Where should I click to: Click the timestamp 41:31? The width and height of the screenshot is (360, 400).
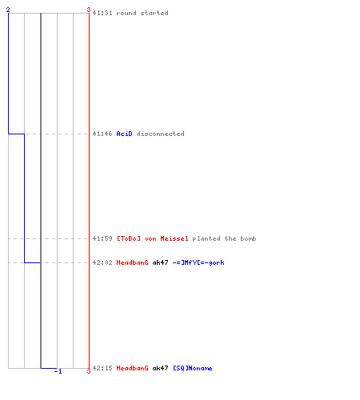tap(102, 13)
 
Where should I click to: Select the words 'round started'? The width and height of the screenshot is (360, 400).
tap(142, 13)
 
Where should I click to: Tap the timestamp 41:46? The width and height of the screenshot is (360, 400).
tap(102, 134)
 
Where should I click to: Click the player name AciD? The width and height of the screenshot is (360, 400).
tap(124, 134)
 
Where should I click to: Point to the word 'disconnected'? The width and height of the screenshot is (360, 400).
tap(160, 134)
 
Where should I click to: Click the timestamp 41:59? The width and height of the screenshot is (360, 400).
tap(102, 238)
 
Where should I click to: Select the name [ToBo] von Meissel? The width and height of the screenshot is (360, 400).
tap(152, 238)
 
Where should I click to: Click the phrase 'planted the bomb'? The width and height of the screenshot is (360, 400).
tap(224, 238)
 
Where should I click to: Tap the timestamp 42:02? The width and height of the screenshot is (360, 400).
tap(102, 262)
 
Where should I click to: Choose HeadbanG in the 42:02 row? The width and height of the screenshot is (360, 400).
tap(132, 262)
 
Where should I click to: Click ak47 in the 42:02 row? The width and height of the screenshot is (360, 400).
tap(160, 262)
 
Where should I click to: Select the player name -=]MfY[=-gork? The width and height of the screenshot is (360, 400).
tap(198, 262)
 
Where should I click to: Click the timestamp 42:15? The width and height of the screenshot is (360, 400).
tap(102, 368)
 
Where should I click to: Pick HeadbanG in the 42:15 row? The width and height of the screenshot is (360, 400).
tap(132, 368)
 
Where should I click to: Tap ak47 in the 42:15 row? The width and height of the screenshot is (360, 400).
tap(160, 368)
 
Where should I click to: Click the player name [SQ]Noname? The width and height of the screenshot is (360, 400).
tap(193, 368)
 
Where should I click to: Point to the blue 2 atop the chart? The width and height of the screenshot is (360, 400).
tap(8, 10)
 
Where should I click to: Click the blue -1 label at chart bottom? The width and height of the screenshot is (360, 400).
tap(58, 371)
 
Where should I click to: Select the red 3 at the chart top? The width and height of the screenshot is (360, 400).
tap(89, 10)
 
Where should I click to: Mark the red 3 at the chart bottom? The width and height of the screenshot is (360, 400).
tap(89, 371)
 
